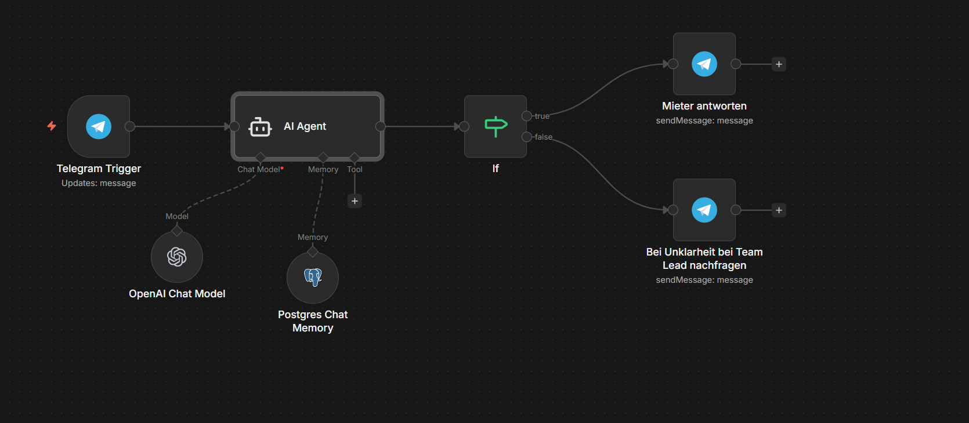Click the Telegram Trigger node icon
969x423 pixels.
tap(99, 126)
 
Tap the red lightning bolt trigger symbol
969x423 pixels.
tap(52, 126)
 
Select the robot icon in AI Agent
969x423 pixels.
tap(260, 127)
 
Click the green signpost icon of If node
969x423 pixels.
tap(496, 126)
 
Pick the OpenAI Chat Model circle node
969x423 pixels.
tap(177, 257)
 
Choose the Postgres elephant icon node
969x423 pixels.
tap(313, 278)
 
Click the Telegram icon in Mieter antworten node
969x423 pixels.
tap(704, 64)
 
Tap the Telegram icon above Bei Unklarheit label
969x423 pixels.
tap(704, 210)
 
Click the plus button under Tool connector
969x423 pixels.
tap(355, 201)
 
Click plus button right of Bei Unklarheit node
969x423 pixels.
tap(779, 210)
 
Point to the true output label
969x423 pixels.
tap(542, 116)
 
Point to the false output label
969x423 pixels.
tap(544, 137)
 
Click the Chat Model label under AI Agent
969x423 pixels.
tap(259, 169)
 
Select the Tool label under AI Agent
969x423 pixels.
tap(355, 169)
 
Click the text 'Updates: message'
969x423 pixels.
tap(99, 183)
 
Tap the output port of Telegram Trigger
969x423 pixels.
tap(130, 126)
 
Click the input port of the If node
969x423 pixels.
tap(464, 126)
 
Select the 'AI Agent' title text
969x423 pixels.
tap(305, 126)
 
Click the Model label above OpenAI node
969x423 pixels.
tap(177, 216)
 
